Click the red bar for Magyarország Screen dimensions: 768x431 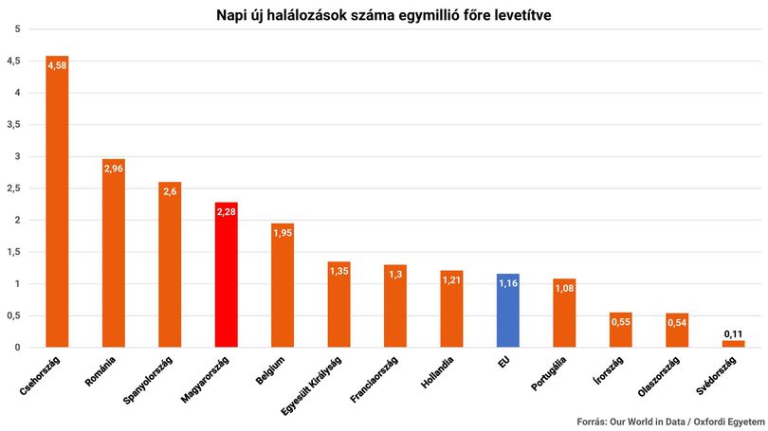pos(227,275)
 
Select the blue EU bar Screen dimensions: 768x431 pos(508,310)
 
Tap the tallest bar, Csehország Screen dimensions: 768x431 pos(57,202)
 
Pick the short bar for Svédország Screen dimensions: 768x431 pos(733,344)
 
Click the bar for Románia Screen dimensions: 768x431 pos(114,253)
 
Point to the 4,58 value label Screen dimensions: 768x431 pos(57,65)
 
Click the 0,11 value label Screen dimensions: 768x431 pos(733,334)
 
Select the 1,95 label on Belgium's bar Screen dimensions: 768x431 pos(283,233)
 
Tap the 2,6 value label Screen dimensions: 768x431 pos(170,191)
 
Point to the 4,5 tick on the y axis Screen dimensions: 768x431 pos(13,62)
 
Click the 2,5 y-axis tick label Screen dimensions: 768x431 pos(13,189)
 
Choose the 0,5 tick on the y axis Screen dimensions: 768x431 pos(13,315)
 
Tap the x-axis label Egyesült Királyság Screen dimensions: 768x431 pos(311,386)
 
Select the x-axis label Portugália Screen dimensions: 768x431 pos(549,373)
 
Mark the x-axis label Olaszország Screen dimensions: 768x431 pos(659,377)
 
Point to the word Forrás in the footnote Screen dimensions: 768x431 pos(592,422)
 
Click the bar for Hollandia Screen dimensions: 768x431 pos(451,309)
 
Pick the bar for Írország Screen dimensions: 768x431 pos(621,330)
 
